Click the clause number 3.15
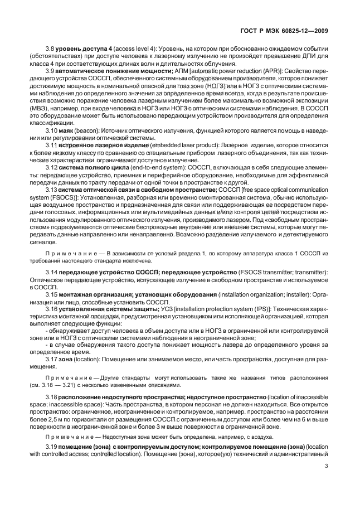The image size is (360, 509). [53, 293]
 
